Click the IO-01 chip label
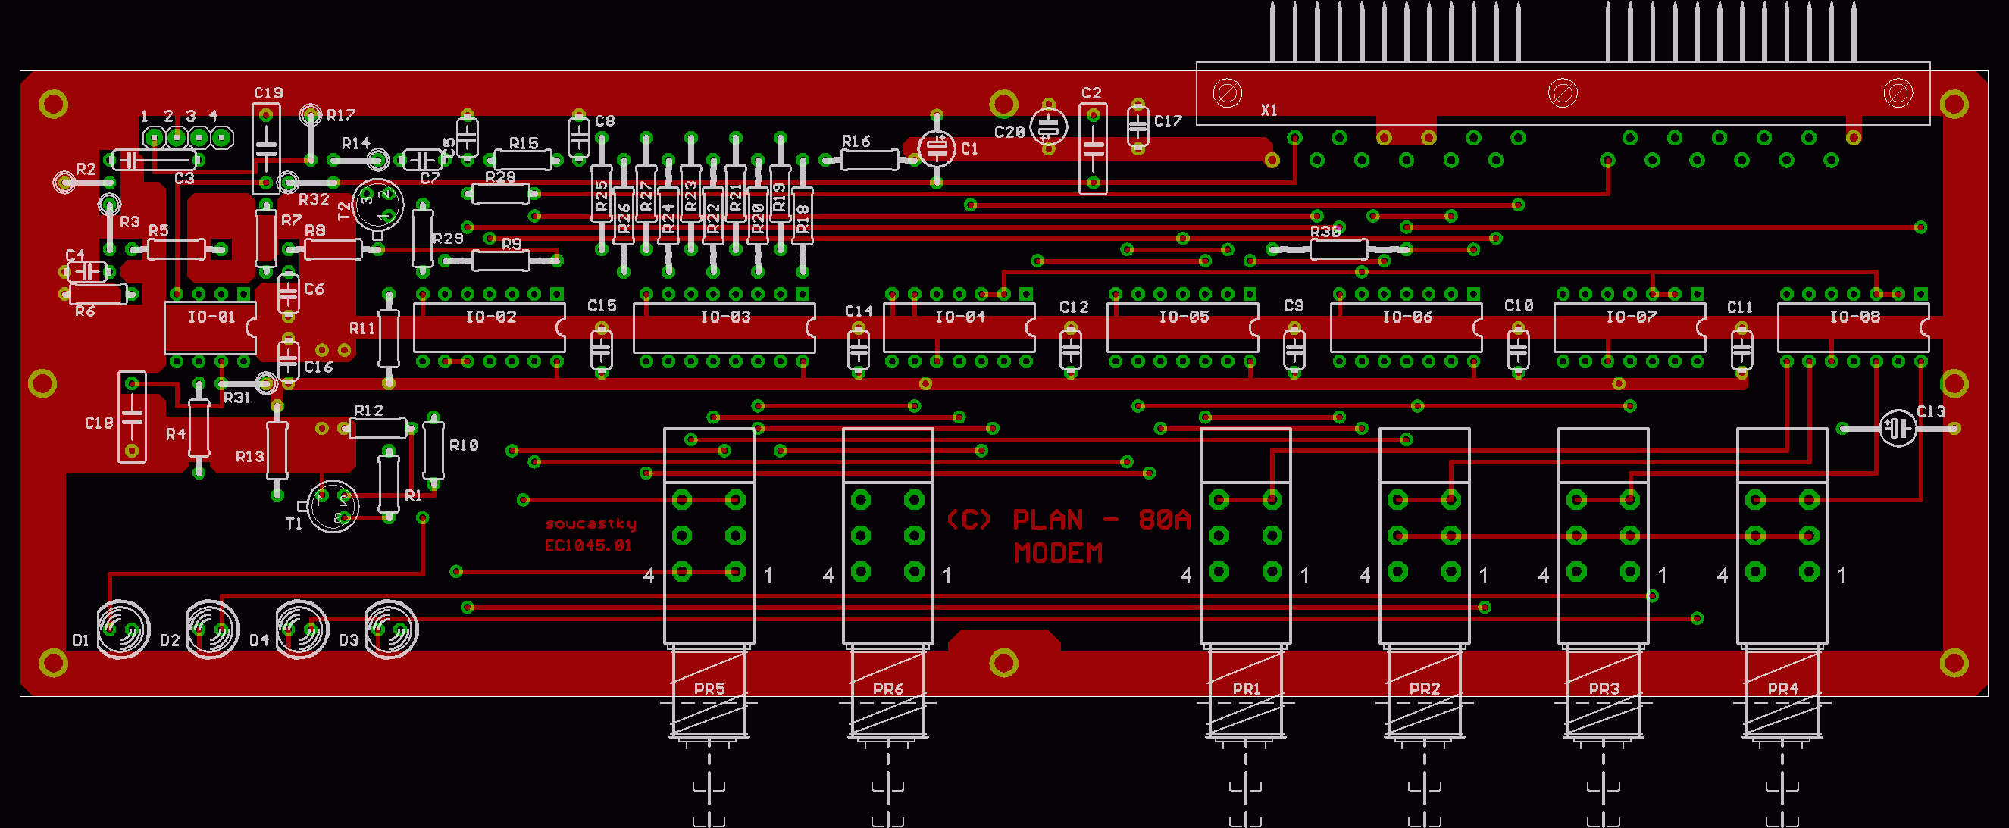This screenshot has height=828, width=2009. pyautogui.click(x=211, y=317)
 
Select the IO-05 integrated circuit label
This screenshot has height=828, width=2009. pyautogui.click(x=1183, y=317)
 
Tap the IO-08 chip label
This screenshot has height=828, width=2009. pyautogui.click(x=1854, y=317)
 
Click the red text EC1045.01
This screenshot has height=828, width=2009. pyautogui.click(x=588, y=545)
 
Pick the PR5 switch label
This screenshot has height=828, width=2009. pyautogui.click(x=709, y=689)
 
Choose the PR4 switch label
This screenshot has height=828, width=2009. pyautogui.click(x=1783, y=689)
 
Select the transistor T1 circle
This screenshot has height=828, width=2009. pyautogui.click(x=333, y=506)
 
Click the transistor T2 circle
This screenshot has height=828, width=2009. pyautogui.click(x=378, y=205)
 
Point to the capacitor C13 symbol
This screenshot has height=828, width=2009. pyautogui.click(x=1898, y=427)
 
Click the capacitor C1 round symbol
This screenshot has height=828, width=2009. pyautogui.click(x=937, y=148)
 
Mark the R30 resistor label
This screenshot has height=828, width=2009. pyautogui.click(x=1325, y=232)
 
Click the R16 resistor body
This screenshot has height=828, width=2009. pyautogui.click(x=868, y=160)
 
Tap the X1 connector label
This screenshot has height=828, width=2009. pyautogui.click(x=1269, y=110)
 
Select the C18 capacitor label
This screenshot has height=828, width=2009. pyautogui.click(x=99, y=423)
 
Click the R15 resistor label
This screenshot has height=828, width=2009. pyautogui.click(x=524, y=143)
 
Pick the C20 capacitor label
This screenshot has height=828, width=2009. pyautogui.click(x=1009, y=132)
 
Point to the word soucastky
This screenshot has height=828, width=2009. pyautogui.click(x=590, y=523)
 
